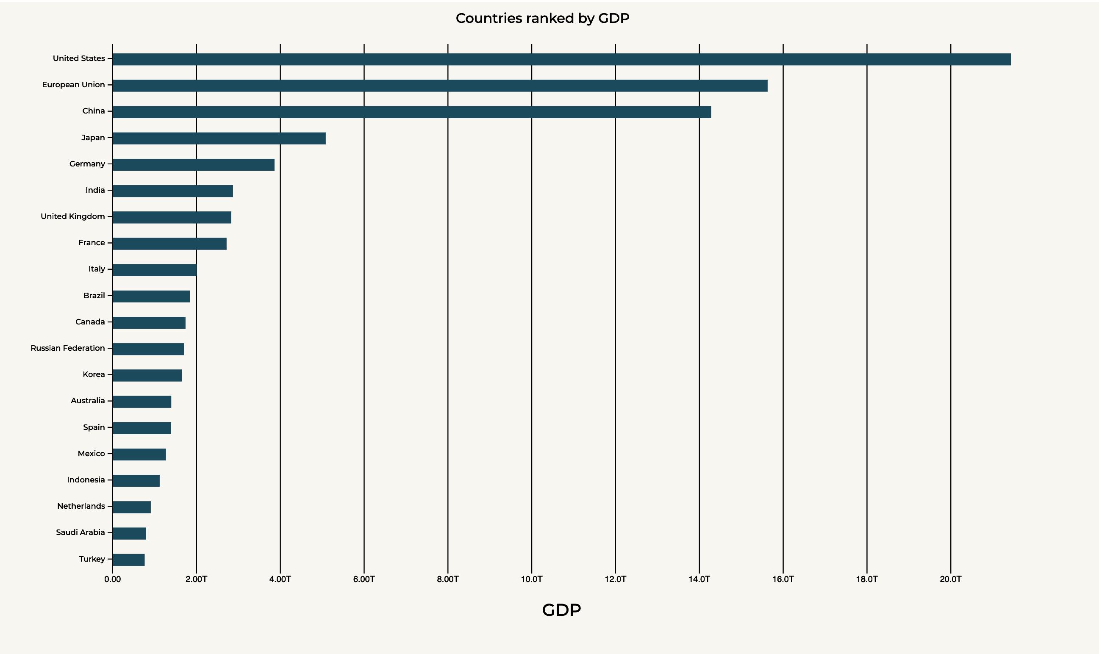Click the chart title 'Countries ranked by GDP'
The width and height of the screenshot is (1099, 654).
tap(542, 18)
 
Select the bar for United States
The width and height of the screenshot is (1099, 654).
tap(561, 59)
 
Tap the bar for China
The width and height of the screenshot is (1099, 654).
tap(411, 112)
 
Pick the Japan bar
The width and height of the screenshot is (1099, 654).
tap(219, 139)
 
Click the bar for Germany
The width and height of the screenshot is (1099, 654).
tap(194, 165)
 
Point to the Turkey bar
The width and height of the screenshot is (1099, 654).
tap(129, 560)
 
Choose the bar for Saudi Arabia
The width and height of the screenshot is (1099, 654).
tap(129, 533)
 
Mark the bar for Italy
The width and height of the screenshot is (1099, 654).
tap(154, 270)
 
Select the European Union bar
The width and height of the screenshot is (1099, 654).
tap(440, 86)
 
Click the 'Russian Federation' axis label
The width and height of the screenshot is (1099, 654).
tap(68, 348)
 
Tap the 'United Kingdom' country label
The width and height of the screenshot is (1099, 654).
tap(73, 216)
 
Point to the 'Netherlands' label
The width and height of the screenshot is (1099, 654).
tap(81, 506)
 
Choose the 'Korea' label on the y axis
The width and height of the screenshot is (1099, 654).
tap(94, 374)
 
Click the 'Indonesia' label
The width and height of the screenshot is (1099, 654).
tap(86, 480)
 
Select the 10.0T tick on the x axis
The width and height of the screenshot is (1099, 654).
tap(531, 579)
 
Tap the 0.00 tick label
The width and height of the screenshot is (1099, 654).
tap(112, 579)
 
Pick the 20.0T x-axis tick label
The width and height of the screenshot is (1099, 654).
tap(950, 579)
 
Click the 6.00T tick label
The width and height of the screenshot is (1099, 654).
tap(364, 579)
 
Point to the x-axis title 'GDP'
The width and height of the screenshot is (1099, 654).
tap(561, 610)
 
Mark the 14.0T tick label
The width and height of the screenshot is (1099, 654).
tap(699, 579)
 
